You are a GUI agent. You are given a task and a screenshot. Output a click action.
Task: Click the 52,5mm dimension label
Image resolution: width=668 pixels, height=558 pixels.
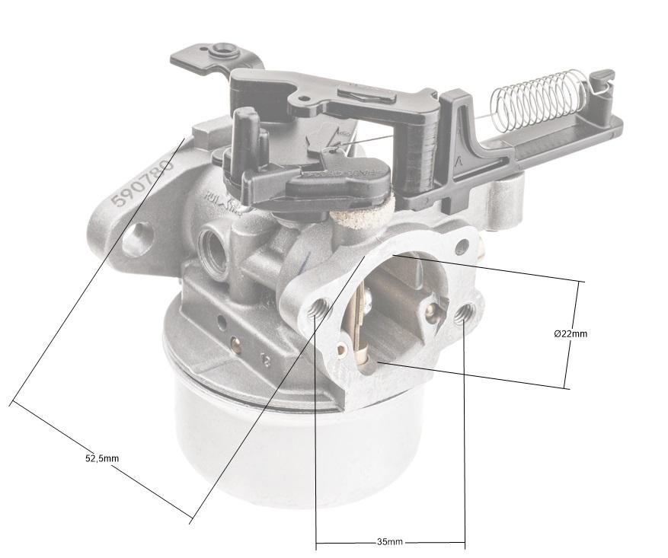pyautogui.click(x=101, y=458)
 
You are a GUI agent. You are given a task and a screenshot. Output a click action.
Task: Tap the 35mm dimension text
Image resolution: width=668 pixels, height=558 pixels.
pyautogui.click(x=390, y=542)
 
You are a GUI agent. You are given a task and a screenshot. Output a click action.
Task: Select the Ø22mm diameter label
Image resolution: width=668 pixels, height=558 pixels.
pyautogui.click(x=571, y=333)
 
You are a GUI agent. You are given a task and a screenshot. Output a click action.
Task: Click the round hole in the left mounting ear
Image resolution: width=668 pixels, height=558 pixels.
pyautogui.click(x=137, y=237)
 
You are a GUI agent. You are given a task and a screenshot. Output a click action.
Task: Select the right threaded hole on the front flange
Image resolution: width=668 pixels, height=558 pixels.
pyautogui.click(x=465, y=313)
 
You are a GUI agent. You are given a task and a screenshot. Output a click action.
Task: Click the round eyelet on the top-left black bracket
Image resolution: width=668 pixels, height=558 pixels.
pyautogui.click(x=223, y=50)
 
